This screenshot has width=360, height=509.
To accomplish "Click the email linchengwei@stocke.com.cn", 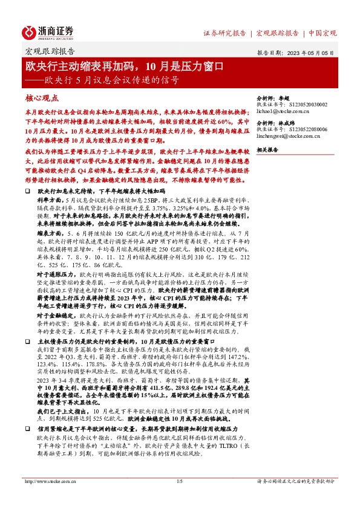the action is coord(290,137).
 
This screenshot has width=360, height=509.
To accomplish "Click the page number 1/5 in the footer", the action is coord(179,481).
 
